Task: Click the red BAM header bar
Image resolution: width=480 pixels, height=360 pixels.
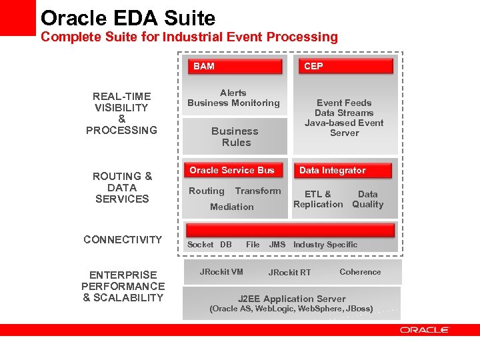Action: click(x=237, y=66)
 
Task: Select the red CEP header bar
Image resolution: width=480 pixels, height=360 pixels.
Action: click(x=345, y=66)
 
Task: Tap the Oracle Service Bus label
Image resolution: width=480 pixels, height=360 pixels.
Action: click(x=232, y=170)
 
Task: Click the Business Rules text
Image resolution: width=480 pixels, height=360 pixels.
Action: click(x=235, y=137)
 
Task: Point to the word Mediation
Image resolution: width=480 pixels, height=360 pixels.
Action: click(x=232, y=207)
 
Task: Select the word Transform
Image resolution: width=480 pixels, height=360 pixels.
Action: click(x=258, y=191)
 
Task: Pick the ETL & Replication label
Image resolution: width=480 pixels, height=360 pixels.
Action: click(x=318, y=199)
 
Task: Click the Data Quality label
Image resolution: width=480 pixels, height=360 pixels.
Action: click(x=368, y=199)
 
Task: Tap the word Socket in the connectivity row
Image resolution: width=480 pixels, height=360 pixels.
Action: click(x=201, y=245)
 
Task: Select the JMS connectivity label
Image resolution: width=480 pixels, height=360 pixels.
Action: click(x=277, y=245)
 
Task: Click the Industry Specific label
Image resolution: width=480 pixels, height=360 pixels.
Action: click(x=325, y=245)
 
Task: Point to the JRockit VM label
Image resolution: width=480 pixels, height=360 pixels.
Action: click(x=221, y=271)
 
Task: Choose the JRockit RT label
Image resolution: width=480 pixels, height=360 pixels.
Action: click(x=289, y=272)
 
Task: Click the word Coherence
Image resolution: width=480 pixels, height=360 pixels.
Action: click(x=360, y=271)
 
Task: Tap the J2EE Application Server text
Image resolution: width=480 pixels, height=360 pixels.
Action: click(x=292, y=299)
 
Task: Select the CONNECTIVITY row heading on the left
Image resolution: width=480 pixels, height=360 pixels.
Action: click(x=123, y=239)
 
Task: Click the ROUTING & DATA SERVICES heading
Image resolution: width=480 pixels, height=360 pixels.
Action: click(x=122, y=187)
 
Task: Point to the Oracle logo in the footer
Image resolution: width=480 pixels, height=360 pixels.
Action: click(x=425, y=330)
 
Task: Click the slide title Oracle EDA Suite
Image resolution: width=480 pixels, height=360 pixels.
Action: click(x=128, y=17)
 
